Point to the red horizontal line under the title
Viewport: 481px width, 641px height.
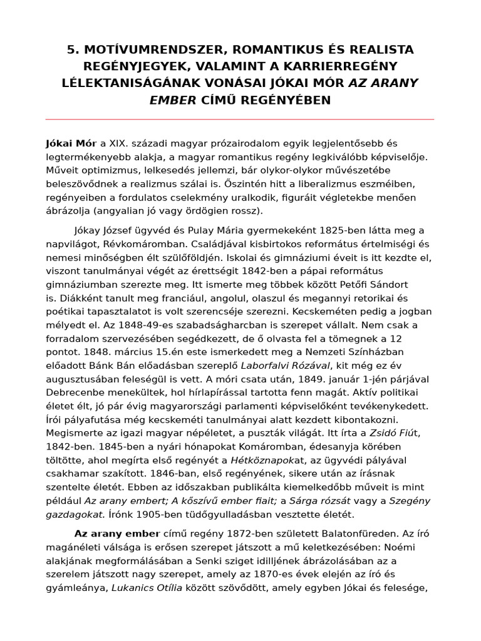[x=240, y=119]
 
